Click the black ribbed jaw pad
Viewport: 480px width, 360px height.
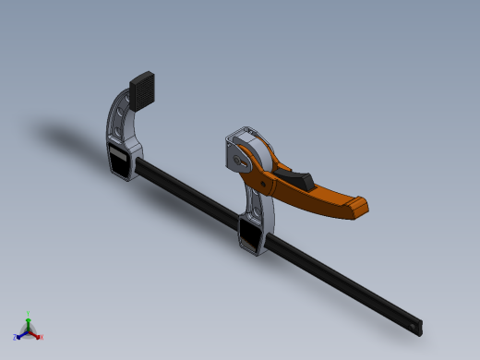[143, 89]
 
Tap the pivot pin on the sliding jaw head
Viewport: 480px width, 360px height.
[243, 162]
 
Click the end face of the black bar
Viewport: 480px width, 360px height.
[419, 327]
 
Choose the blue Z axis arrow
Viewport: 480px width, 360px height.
[20, 334]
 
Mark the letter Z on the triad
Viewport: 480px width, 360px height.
[16, 338]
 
